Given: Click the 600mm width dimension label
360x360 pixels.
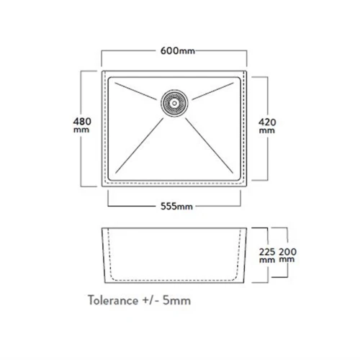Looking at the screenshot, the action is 178,51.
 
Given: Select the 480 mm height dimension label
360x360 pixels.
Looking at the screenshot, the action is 82,125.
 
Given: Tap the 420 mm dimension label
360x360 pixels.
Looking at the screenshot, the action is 267,126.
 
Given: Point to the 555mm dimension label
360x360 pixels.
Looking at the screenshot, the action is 176,207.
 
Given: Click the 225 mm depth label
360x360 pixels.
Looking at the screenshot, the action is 267,256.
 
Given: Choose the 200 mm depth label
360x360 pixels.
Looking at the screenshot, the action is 287,255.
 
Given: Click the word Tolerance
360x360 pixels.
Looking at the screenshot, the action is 113,300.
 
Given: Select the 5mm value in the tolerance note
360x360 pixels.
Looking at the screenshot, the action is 177,300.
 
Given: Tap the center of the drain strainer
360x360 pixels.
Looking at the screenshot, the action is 174,103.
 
